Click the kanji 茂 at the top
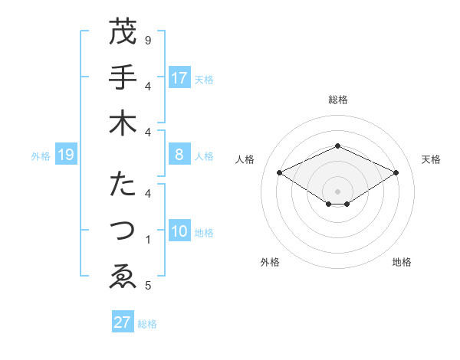tap(123, 32)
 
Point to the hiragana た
tap(123, 185)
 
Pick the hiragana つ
tap(123, 231)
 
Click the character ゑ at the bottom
tap(123, 276)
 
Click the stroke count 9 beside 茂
tap(148, 40)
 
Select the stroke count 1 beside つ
tap(148, 240)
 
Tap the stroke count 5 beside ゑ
tap(148, 286)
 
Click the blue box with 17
tap(179, 78)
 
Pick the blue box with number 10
tap(179, 232)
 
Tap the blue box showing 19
tap(66, 155)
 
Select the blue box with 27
tap(123, 322)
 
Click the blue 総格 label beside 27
tap(147, 324)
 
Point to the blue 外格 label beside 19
tap(41, 156)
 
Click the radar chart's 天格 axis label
tap(431, 159)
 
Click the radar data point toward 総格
tap(337, 146)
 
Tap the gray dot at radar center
tap(337, 191)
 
